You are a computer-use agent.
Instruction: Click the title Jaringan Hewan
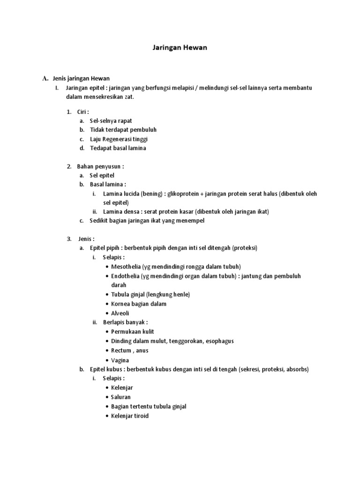click(180, 47)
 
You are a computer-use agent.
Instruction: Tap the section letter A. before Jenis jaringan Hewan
click(45, 78)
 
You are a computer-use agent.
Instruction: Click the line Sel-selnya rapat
click(111, 120)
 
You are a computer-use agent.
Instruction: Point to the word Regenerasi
click(120, 139)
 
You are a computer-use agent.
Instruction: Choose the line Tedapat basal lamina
click(118, 148)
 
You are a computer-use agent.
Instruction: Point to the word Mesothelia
click(126, 267)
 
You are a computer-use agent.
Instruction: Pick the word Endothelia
click(126, 276)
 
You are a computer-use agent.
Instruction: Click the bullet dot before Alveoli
click(107, 313)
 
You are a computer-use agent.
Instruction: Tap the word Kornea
click(120, 304)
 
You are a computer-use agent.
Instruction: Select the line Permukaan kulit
click(133, 331)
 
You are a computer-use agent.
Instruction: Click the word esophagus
click(219, 341)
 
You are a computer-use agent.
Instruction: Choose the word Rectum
click(121, 350)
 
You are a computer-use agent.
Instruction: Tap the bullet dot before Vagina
click(107, 360)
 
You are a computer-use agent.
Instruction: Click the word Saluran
click(121, 397)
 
